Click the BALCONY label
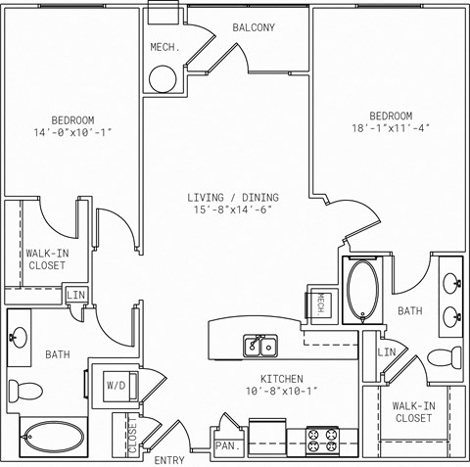click(254, 27)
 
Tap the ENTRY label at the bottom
click(169, 460)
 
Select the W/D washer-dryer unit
click(119, 386)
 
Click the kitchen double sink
click(260, 346)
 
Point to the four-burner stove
click(322, 441)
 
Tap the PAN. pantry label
click(227, 445)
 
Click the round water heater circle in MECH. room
click(163, 79)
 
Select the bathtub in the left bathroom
click(54, 438)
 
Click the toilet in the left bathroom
click(25, 391)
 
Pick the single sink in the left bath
click(19, 338)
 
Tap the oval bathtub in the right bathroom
click(362, 290)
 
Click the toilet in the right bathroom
click(445, 358)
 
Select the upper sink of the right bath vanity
click(452, 284)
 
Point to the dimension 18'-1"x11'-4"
click(391, 128)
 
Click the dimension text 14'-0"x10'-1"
click(72, 132)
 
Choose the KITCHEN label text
click(282, 379)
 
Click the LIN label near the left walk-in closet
click(75, 295)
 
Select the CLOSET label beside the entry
click(132, 436)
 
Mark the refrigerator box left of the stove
click(267, 438)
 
